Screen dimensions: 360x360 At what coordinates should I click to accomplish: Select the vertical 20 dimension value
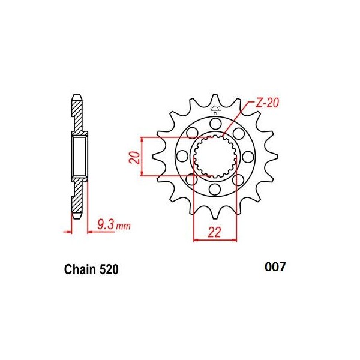[x=135, y=158]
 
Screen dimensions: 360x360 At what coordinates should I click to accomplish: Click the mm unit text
[x=123, y=226]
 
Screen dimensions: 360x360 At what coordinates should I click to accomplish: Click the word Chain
[x=79, y=270]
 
